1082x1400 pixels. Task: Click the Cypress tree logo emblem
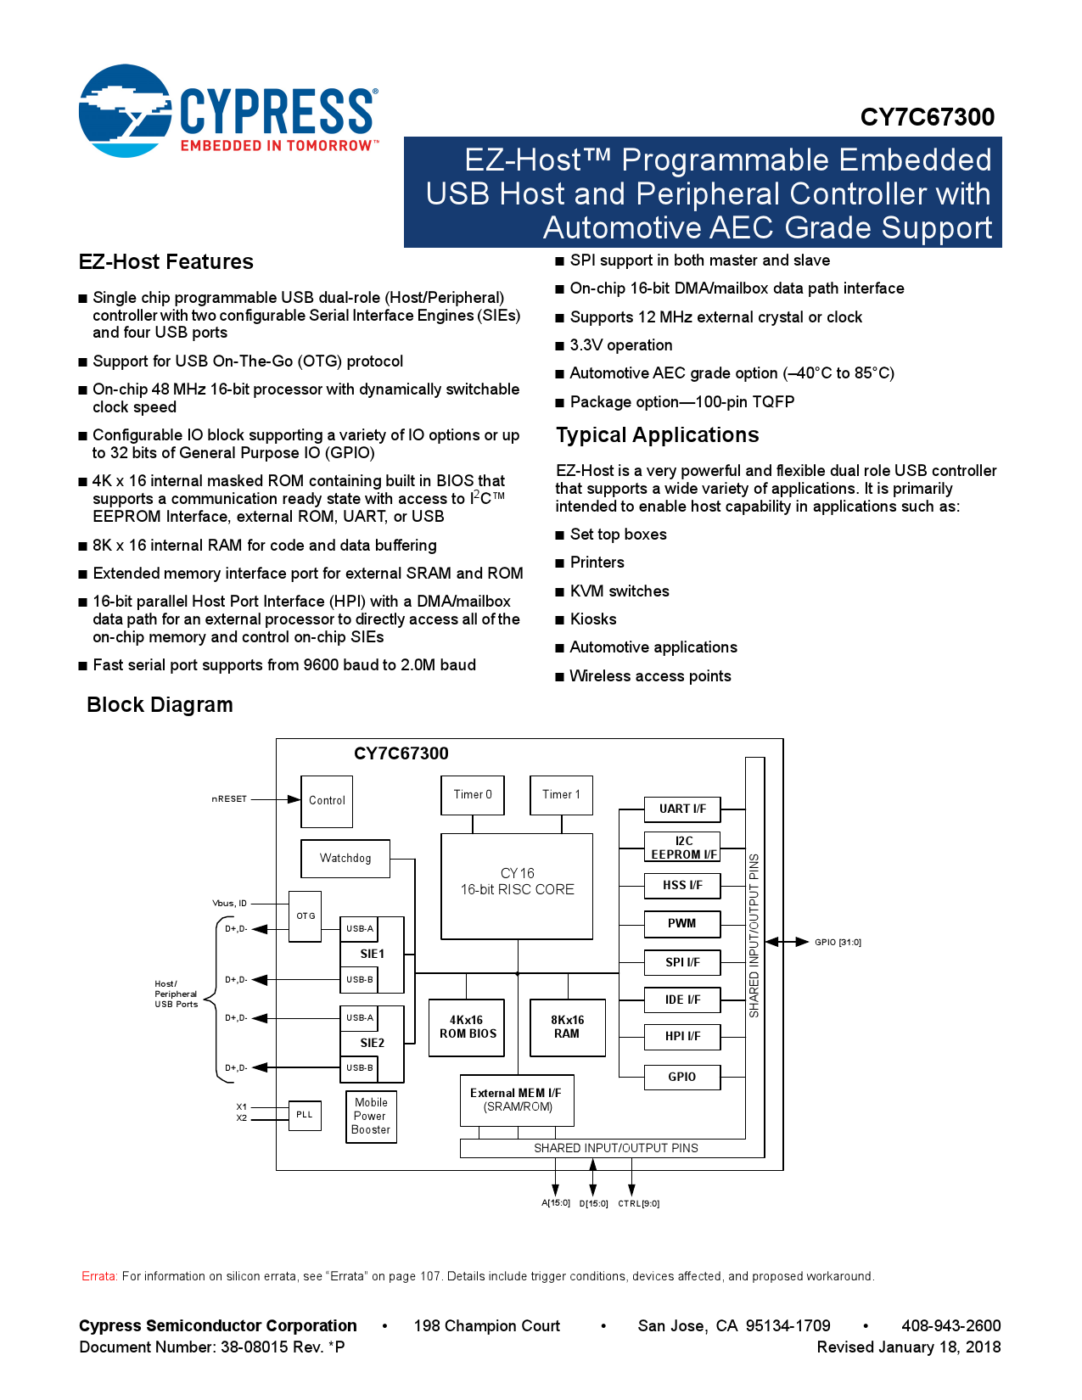tap(125, 111)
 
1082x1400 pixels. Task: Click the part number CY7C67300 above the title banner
tap(927, 117)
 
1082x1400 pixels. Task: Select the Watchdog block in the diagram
tap(345, 859)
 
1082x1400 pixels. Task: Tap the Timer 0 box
tap(473, 795)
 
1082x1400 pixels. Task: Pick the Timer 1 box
tap(561, 795)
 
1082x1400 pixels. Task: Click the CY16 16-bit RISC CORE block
tap(517, 885)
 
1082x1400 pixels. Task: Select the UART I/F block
tap(682, 809)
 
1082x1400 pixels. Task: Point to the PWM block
tap(682, 924)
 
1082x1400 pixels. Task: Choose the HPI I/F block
tap(682, 1037)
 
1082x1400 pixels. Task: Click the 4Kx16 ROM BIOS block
tap(467, 1028)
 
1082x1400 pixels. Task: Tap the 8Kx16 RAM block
tap(567, 1028)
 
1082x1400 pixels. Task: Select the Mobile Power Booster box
tap(371, 1117)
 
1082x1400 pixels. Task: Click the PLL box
tap(305, 1115)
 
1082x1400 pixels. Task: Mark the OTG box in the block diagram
tap(306, 916)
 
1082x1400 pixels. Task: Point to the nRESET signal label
tap(229, 799)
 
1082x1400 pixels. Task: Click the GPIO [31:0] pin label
tap(838, 943)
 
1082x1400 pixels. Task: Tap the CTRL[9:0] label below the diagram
tap(638, 1204)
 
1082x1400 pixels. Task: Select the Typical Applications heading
tap(657, 435)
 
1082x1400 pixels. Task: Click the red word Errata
tap(98, 1277)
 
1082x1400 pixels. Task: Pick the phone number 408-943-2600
tap(950, 1326)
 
